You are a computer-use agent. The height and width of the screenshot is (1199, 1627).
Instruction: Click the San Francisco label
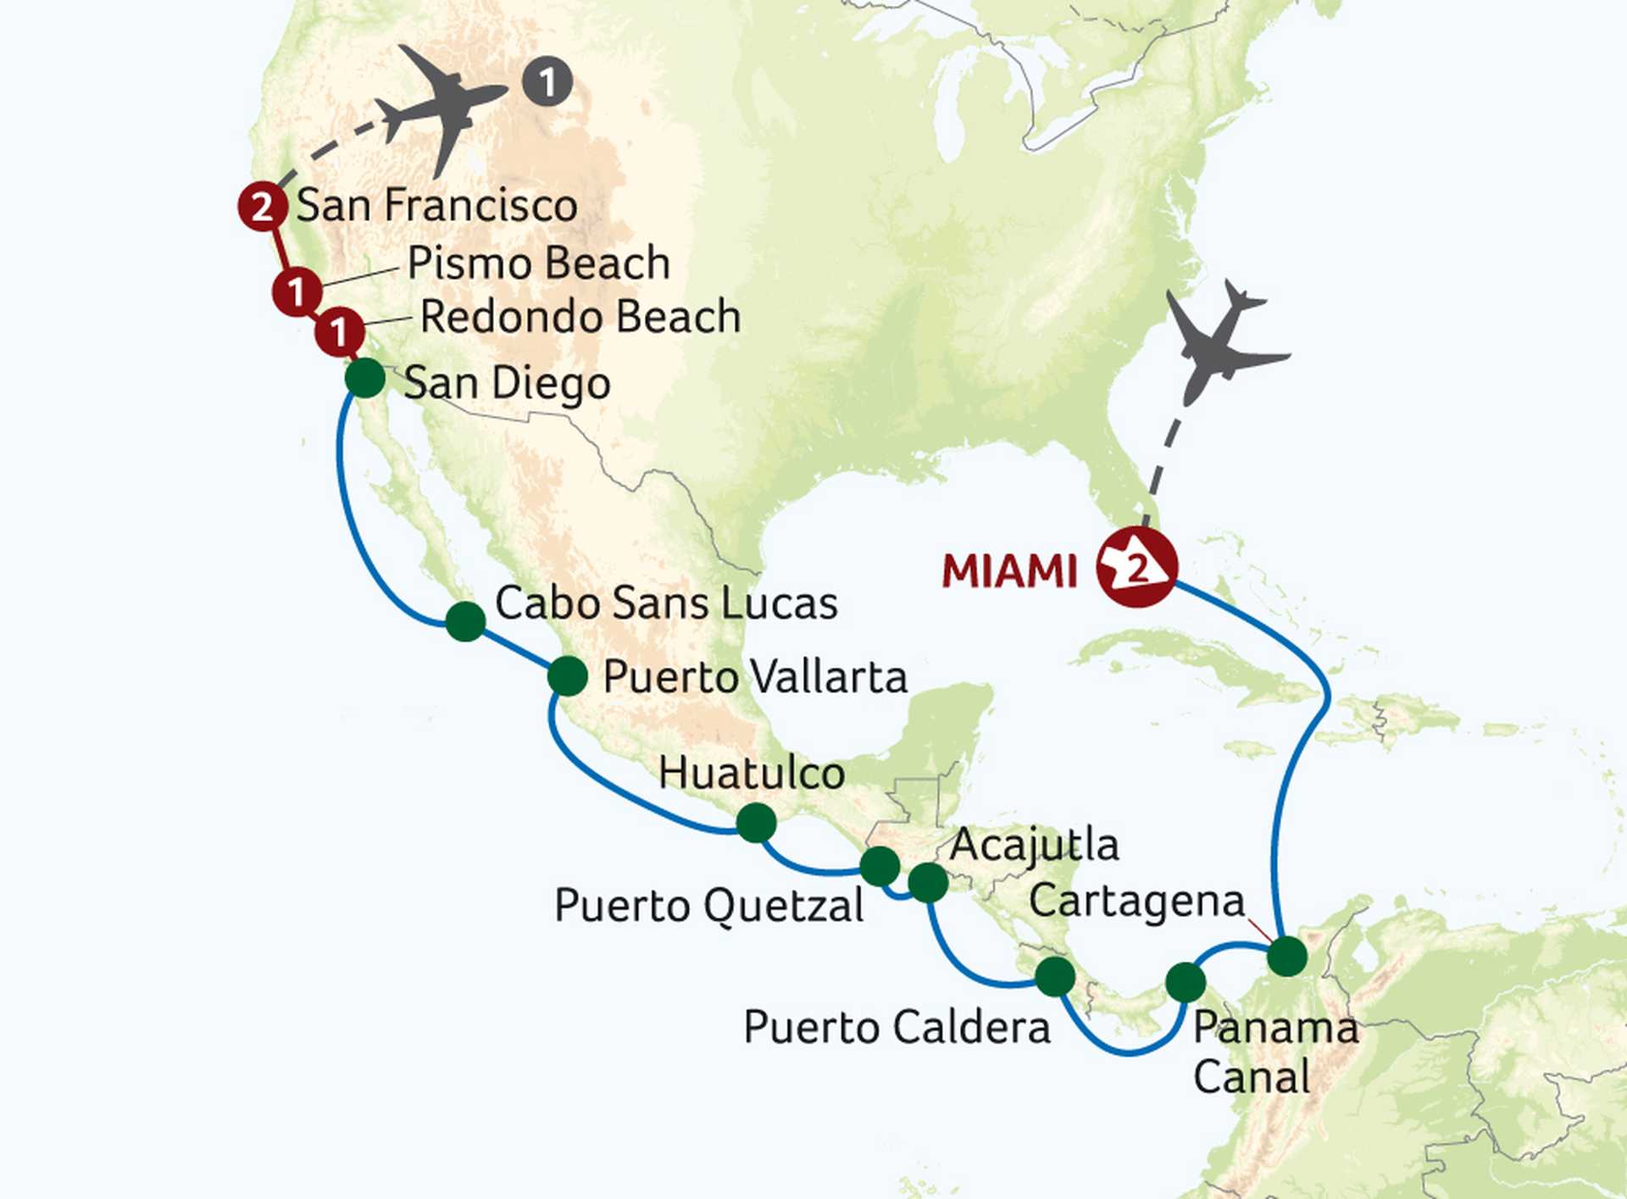436,206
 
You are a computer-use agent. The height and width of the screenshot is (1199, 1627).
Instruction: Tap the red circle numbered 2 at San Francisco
262,206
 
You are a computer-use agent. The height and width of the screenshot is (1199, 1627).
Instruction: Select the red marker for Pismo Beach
297,292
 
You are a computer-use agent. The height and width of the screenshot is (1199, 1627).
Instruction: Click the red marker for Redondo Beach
340,331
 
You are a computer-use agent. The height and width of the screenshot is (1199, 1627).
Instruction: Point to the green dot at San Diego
365,378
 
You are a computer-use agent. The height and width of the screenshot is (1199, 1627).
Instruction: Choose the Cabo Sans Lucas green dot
465,621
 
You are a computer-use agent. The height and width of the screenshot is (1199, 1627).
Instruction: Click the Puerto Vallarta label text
754,677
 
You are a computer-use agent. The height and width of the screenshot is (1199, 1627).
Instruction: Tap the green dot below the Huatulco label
757,822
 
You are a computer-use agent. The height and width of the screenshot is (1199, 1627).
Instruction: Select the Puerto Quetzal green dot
880,865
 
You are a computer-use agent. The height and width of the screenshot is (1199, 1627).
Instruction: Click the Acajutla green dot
928,883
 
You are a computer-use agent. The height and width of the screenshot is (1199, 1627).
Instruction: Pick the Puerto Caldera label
897,1028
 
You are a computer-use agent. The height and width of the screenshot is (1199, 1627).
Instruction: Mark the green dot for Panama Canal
1186,982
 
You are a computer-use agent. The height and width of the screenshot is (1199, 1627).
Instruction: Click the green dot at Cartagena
1287,957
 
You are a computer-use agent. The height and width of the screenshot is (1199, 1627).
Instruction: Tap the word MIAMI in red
1009,572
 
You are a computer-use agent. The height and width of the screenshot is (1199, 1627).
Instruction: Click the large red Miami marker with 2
1136,567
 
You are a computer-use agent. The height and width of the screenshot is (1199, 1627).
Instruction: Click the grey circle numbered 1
547,82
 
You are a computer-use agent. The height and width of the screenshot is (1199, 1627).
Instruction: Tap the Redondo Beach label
580,317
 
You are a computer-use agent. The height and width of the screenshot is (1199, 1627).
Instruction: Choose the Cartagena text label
1136,902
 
